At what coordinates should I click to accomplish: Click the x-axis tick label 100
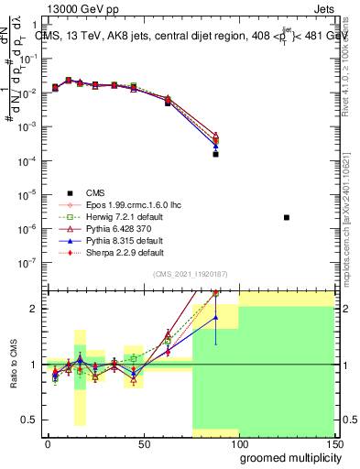tap(239, 443)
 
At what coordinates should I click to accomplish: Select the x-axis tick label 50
tap(144, 443)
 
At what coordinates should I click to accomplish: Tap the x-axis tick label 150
tap(334, 443)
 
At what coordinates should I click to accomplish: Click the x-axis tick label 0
tap(48, 443)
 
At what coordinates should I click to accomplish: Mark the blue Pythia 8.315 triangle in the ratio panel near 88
tap(215, 318)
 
